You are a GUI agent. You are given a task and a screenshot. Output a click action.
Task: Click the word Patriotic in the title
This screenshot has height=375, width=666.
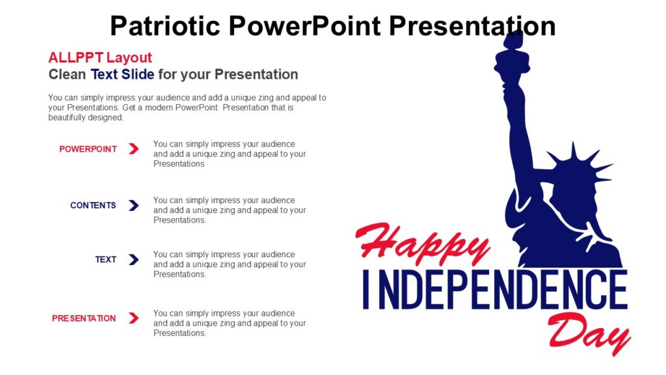[166, 26]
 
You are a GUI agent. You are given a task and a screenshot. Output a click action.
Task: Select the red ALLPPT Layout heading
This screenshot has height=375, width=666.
[100, 57]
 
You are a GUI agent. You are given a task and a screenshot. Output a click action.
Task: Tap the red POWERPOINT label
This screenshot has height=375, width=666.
[88, 149]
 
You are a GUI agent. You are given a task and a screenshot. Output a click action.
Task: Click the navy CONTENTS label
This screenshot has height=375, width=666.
[93, 206]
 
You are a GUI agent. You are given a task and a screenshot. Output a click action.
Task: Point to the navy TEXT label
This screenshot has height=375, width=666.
[105, 260]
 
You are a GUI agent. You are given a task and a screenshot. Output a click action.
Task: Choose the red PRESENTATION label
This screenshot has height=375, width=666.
[84, 318]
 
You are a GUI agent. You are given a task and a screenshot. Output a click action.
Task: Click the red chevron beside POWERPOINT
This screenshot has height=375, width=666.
[133, 149]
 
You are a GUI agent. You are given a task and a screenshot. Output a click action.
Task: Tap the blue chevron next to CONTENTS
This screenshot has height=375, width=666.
[133, 206]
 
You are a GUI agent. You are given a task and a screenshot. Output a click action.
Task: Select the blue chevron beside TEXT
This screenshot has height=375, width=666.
[133, 260]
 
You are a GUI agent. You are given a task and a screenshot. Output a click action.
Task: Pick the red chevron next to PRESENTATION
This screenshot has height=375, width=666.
[133, 318]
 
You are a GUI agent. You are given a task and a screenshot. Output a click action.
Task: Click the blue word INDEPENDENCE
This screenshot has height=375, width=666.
[494, 289]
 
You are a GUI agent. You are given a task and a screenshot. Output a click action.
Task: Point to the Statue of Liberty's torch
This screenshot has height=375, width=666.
[508, 55]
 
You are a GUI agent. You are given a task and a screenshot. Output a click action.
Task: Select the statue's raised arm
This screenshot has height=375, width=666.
[517, 124]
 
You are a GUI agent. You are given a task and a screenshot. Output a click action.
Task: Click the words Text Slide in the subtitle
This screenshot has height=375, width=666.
[122, 74]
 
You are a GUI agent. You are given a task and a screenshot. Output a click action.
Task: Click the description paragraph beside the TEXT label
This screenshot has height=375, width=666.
[229, 264]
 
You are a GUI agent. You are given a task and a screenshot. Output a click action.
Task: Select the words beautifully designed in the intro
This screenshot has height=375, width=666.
[85, 118]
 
